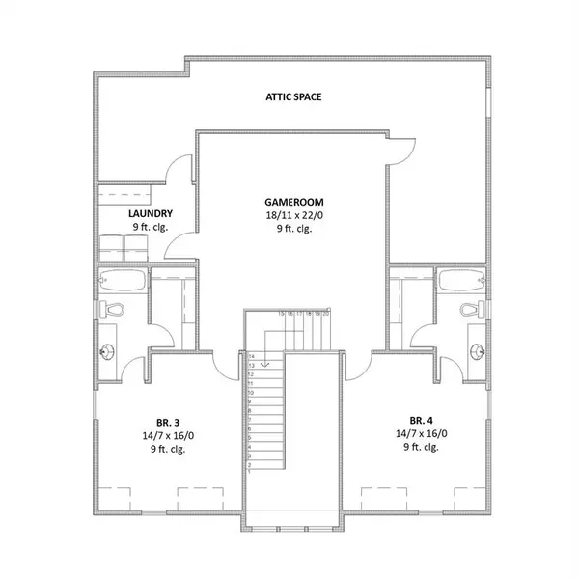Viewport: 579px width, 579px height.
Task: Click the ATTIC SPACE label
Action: [x=293, y=97]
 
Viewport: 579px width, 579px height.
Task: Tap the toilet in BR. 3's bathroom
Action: [x=111, y=312]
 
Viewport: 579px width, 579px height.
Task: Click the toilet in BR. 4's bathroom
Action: [x=469, y=311]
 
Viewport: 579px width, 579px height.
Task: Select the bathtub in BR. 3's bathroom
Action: [x=123, y=282]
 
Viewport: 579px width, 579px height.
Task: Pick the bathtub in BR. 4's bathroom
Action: [x=458, y=282]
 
